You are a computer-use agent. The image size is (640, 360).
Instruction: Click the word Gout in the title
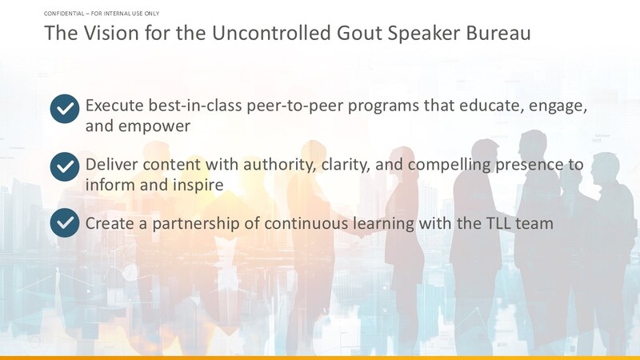pos(359,33)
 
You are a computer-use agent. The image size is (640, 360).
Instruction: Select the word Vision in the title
pos(111,33)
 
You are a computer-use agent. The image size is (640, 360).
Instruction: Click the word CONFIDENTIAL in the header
pos(64,14)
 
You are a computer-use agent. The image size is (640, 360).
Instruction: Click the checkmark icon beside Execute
pos(65,109)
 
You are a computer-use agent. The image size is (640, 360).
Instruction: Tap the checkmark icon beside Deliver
pos(65,167)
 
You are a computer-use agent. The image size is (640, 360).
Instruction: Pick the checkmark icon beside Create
pos(65,223)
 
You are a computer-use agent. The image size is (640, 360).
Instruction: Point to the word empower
pos(154,126)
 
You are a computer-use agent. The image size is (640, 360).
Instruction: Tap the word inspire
pos(198,186)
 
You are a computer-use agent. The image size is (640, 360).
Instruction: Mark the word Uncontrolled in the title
pos(271,33)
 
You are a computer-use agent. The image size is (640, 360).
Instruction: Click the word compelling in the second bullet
pos(450,165)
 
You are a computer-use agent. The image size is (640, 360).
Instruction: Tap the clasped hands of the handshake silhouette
pos(362,234)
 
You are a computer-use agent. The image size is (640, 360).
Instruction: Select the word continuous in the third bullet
pos(306,224)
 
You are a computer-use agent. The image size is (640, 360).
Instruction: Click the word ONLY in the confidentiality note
pos(152,14)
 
